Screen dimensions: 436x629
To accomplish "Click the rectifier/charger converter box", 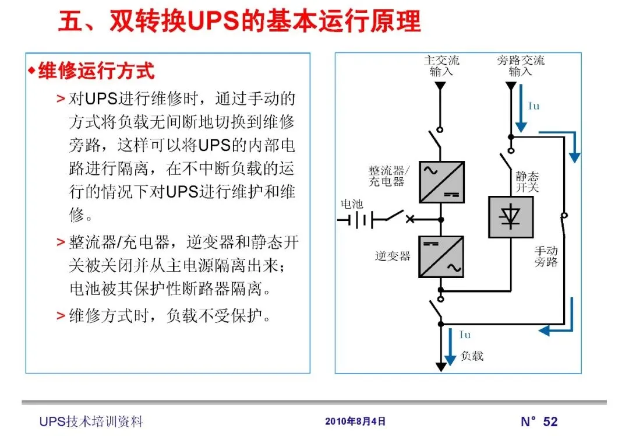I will tap(441, 182).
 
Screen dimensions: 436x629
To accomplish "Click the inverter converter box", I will tap(441, 256).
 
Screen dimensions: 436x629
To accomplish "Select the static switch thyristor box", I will tap(510, 217).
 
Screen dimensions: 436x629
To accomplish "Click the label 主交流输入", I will tap(441, 66).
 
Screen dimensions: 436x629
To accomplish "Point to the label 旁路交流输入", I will tap(521, 66).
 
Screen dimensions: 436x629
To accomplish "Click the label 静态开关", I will tap(527, 181).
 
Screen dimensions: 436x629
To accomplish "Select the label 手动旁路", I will tap(546, 256).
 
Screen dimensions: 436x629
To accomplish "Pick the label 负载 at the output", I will tap(472, 355).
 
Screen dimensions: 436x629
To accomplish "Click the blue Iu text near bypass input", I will tap(533, 106).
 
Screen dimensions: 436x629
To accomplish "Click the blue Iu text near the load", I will tap(465, 335).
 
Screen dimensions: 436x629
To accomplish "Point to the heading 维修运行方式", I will tap(97, 71).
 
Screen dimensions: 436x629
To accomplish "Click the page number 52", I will tap(550, 421).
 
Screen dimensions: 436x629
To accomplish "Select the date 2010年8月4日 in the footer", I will tap(355, 421).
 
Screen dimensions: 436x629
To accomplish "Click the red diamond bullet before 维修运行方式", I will tap(32, 71).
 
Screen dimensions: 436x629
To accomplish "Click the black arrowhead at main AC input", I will tap(441, 86).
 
